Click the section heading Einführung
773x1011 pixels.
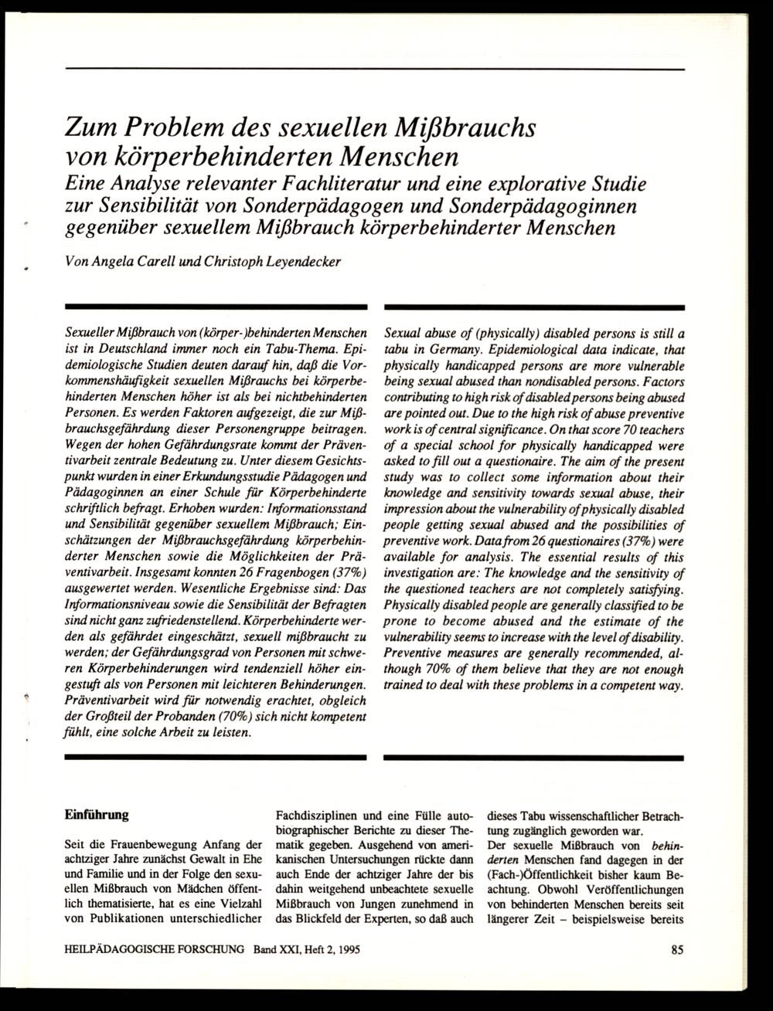point(97,814)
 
